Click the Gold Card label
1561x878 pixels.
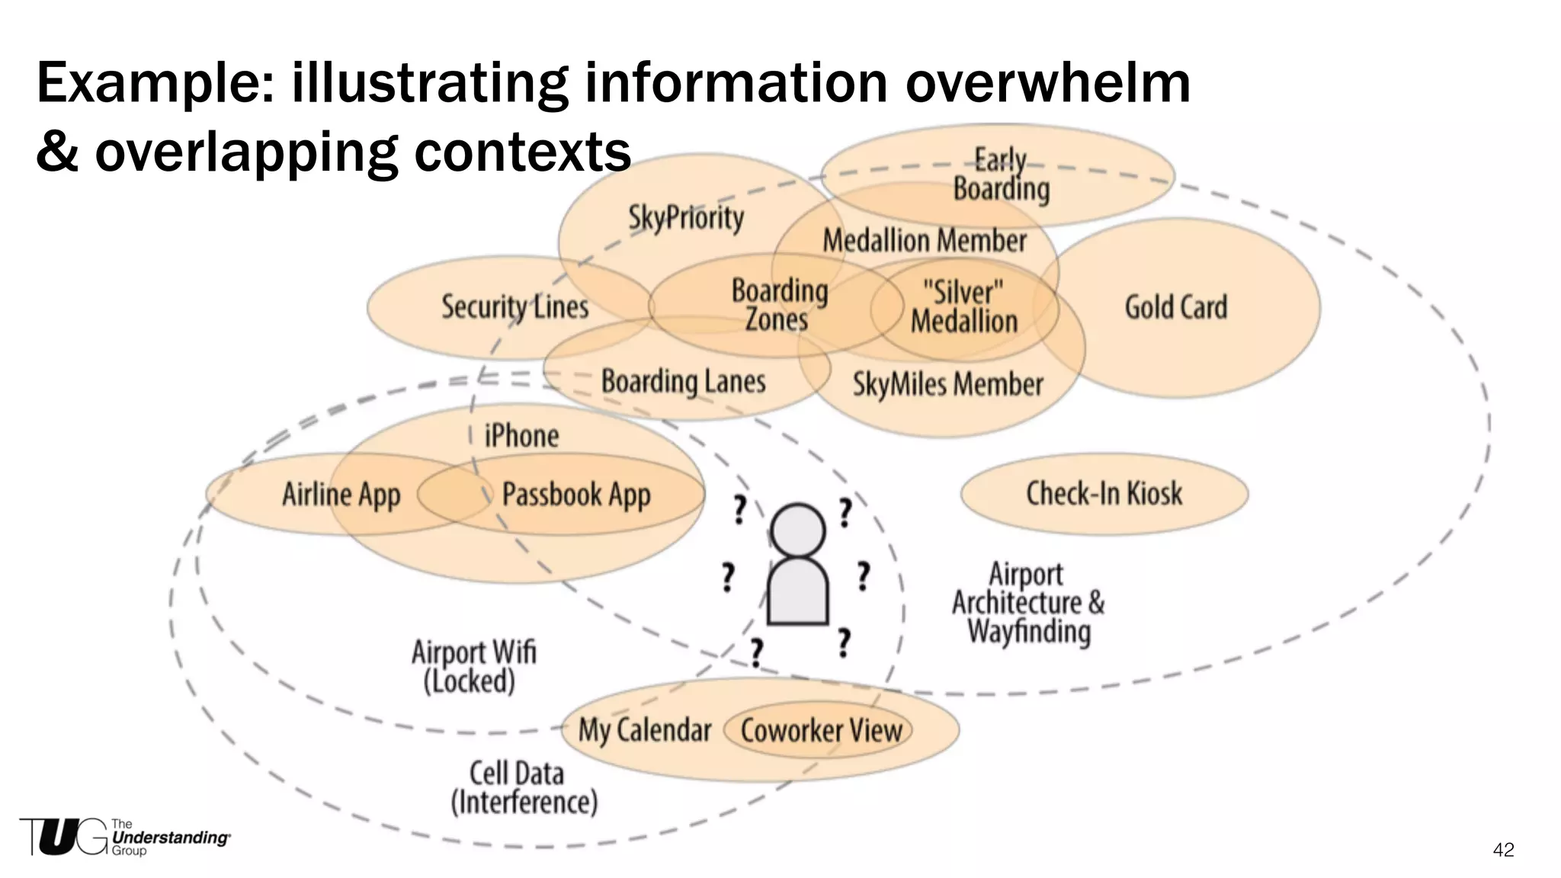tap(1176, 307)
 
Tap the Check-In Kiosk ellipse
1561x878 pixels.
tap(1104, 494)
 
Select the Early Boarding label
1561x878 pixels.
tap(1001, 175)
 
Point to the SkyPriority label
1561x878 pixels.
tap(686, 218)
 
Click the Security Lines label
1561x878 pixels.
tap(515, 307)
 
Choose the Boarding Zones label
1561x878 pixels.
tap(778, 305)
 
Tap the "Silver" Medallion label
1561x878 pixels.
tap(964, 307)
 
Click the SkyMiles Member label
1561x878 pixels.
tap(947, 384)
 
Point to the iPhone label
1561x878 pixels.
tap(522, 436)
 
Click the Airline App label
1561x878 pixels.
tap(341, 495)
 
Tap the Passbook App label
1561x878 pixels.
tap(576, 495)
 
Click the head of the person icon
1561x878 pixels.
tap(797, 530)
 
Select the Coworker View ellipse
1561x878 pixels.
tap(821, 731)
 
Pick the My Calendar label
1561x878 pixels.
tap(645, 730)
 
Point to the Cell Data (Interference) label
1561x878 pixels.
tap(524, 788)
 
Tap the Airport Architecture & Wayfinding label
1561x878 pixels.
tap(1027, 603)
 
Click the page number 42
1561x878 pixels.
tap(1503, 850)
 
